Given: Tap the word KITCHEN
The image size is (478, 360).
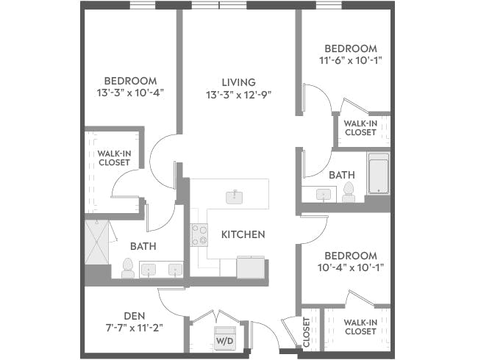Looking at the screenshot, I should (243, 235).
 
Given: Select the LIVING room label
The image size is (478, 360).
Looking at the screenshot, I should (239, 82).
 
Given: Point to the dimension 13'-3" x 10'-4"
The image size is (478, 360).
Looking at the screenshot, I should (130, 93).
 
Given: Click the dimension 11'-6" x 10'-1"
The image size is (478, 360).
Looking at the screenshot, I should (350, 61).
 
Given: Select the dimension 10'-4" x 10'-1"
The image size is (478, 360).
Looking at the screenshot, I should (350, 267).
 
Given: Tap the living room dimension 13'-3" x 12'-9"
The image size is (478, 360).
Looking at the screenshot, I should (239, 94).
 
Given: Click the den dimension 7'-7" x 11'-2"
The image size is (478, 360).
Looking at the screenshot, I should (133, 327).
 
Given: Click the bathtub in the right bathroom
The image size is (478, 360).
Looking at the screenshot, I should (378, 174).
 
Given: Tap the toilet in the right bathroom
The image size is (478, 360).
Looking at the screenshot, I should (349, 192).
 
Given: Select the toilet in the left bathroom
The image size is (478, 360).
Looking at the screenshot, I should (128, 267).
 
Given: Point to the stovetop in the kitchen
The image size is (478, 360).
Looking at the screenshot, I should (199, 235).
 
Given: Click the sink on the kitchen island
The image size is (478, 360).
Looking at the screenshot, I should (235, 195).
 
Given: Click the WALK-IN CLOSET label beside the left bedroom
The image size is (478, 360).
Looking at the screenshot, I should (113, 158).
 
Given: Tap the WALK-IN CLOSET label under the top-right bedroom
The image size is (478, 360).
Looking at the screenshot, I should (360, 128).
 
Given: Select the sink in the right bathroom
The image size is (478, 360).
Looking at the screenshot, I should (324, 195).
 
